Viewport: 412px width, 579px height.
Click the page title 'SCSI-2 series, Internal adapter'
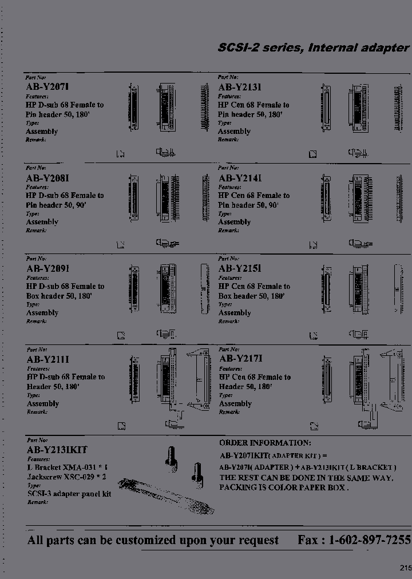click(x=314, y=48)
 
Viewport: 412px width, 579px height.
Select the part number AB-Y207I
click(x=47, y=88)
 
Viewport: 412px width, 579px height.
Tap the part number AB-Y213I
click(x=240, y=88)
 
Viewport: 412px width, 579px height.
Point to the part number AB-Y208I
click(x=47, y=178)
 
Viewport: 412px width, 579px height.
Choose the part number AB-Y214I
click(x=240, y=178)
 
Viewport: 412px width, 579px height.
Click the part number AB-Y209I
click(x=47, y=268)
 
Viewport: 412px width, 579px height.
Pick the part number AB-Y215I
click(x=240, y=268)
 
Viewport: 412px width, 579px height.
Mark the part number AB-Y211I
click(x=47, y=359)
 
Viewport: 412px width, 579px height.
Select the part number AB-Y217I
click(x=240, y=359)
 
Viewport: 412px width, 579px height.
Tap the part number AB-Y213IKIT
click(x=57, y=450)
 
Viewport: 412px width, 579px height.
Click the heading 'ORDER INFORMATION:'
click(x=265, y=443)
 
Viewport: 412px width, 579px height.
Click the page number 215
click(x=405, y=568)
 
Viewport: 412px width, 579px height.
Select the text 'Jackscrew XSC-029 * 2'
click(x=67, y=477)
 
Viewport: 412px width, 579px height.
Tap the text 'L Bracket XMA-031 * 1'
click(x=67, y=467)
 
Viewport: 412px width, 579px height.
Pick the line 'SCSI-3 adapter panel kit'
click(x=69, y=494)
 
